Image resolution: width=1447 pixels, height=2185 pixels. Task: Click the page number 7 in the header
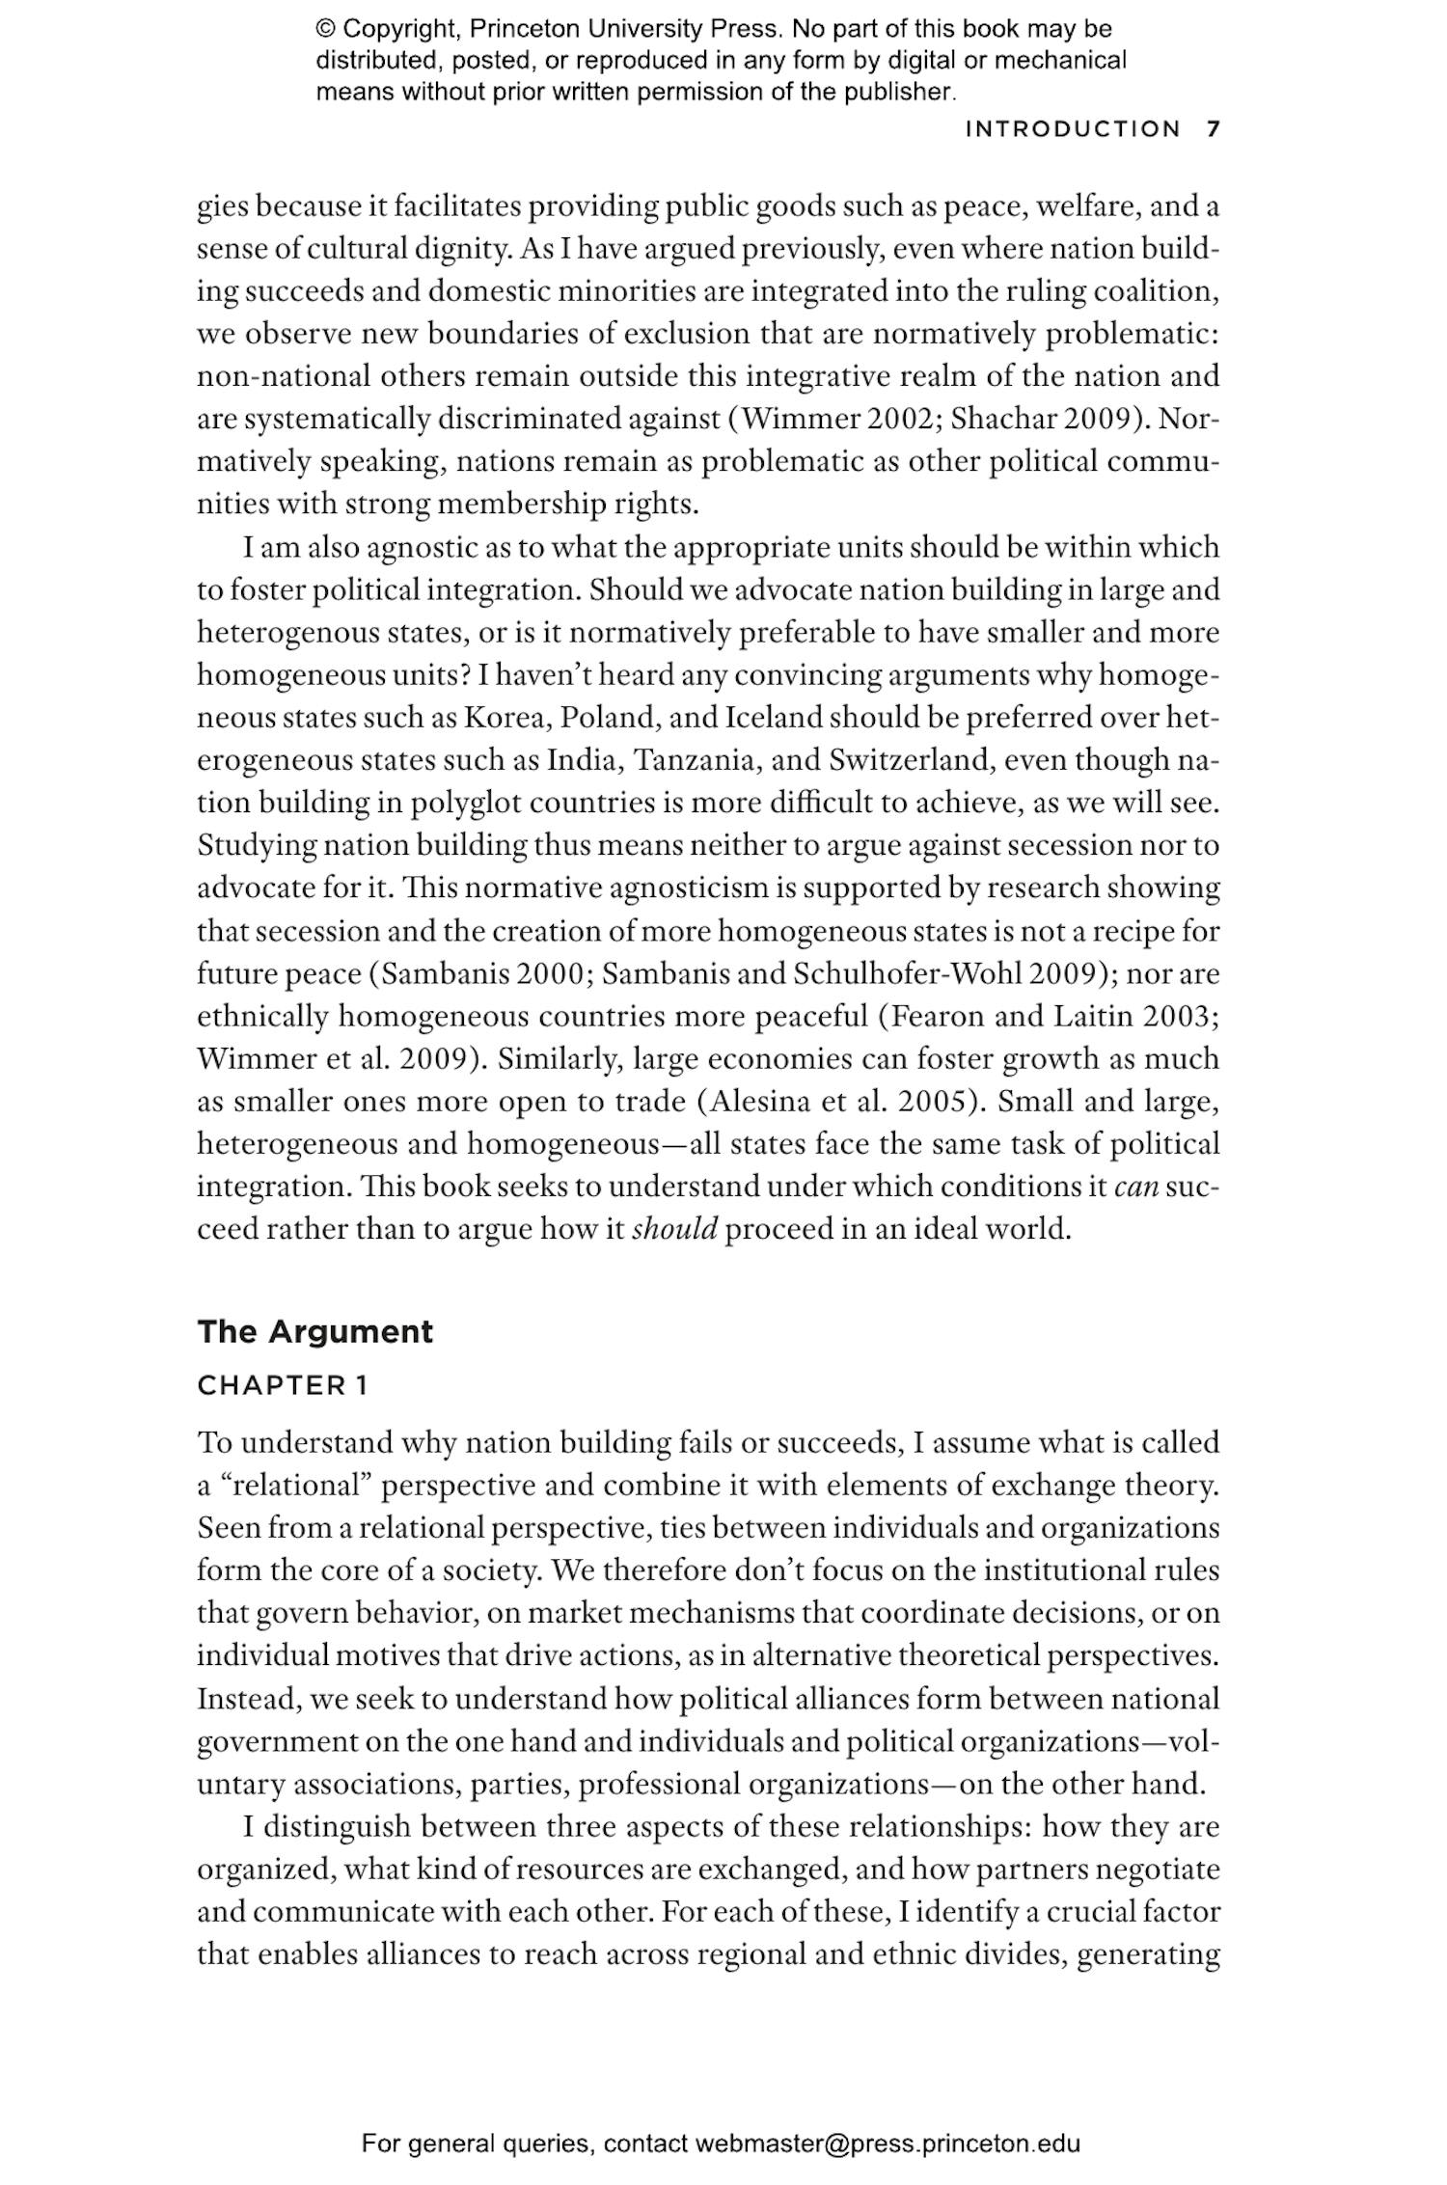click(1214, 129)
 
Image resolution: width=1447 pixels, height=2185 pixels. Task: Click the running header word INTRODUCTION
click(1073, 129)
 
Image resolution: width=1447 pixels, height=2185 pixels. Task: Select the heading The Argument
click(314, 1331)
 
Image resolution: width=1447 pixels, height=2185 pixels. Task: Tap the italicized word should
click(674, 1230)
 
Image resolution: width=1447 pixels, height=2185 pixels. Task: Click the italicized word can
click(1135, 1187)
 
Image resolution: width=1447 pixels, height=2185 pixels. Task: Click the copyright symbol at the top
click(325, 29)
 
